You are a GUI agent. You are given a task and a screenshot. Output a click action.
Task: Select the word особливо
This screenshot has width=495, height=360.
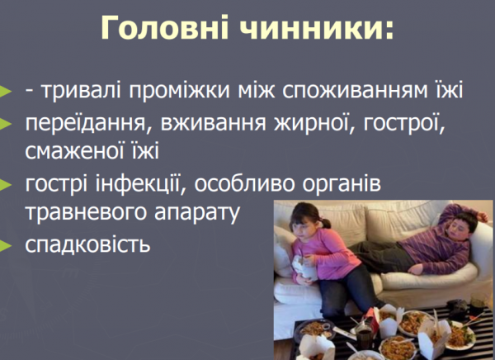[x=255, y=184]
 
